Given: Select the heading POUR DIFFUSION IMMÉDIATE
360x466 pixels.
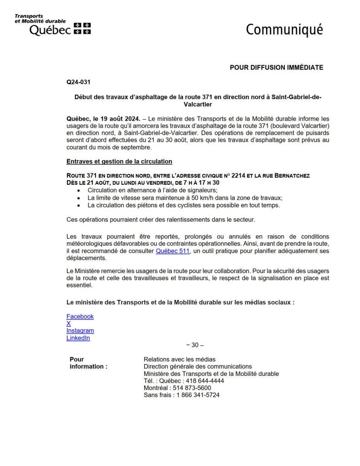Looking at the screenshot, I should (x=276, y=67).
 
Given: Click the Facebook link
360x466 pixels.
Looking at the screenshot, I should (x=80, y=316).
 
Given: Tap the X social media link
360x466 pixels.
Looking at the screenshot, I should (x=69, y=324).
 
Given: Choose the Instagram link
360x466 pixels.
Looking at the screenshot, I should (x=80, y=331).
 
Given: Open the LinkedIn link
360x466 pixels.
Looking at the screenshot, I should (x=78, y=338).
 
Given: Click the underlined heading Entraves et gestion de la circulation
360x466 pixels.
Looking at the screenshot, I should (x=119, y=162).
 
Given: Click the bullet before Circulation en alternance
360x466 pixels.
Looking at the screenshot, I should (x=81, y=190).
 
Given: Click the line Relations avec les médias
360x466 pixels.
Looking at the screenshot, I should (x=179, y=360).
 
